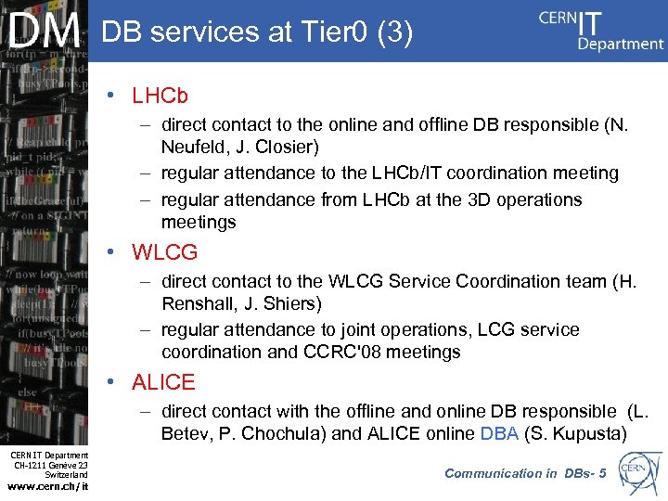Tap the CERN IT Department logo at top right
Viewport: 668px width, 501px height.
point(601,31)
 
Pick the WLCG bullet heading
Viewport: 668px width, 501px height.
point(165,252)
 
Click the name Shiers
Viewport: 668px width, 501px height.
point(289,303)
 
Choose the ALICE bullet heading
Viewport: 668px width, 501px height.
point(163,382)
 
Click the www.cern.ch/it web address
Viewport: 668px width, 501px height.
point(47,485)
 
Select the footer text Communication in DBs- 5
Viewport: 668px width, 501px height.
point(525,473)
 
